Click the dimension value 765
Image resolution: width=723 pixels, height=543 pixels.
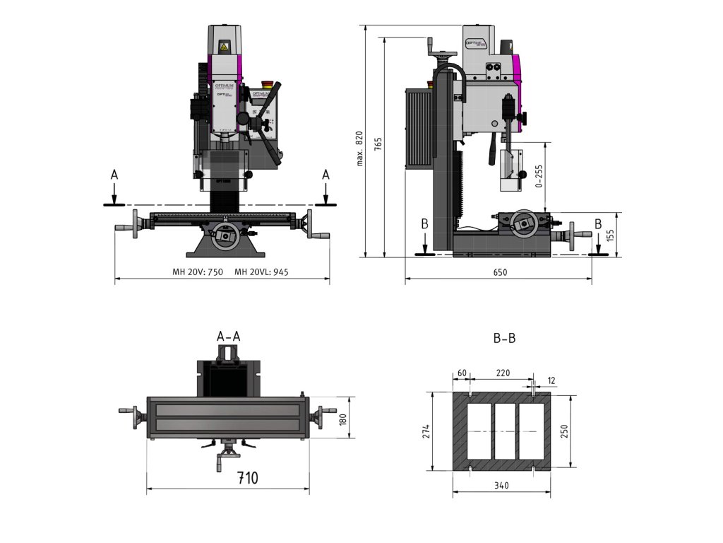click(x=378, y=144)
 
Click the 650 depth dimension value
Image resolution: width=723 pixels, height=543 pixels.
click(x=500, y=272)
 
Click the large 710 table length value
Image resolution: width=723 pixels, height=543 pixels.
click(x=247, y=478)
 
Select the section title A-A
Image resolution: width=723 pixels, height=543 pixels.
click(x=228, y=336)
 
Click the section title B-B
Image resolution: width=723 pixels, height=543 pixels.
click(x=504, y=339)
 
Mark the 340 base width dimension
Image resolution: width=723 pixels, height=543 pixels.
click(x=501, y=486)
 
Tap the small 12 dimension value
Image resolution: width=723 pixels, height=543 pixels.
click(x=551, y=381)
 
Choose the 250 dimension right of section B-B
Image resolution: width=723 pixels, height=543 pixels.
click(x=564, y=431)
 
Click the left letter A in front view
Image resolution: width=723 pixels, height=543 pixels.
click(x=114, y=175)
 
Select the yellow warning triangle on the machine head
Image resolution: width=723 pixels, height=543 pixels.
click(x=225, y=47)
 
